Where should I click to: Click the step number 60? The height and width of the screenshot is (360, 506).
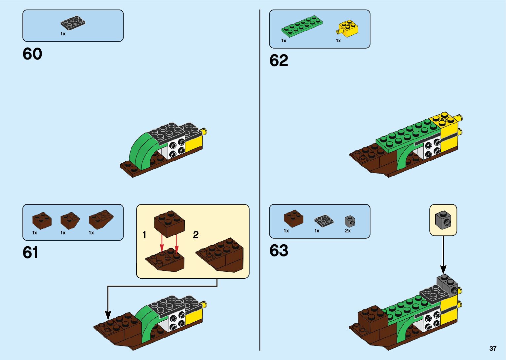coord(32,54)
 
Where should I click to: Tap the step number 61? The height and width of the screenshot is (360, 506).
coord(30,253)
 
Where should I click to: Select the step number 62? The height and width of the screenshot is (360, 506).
coord(279,60)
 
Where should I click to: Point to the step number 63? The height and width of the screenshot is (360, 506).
coord(279,251)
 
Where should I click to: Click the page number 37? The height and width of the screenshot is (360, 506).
coord(493,348)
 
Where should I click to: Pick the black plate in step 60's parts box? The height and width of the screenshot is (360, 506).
coord(73,23)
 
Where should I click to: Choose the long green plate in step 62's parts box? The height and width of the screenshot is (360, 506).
coord(302,25)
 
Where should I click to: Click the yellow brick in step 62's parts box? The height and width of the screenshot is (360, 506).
coord(348,28)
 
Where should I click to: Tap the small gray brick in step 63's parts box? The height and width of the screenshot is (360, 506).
coord(350,221)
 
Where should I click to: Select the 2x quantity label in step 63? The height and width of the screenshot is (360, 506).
coord(348,231)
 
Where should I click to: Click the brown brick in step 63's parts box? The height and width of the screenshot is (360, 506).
coord(293,218)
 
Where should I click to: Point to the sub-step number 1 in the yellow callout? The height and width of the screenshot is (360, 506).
coord(144,235)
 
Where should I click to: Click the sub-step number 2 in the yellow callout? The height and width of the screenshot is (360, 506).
coord(196,235)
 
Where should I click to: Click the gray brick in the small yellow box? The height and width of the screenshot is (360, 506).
coord(443,220)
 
